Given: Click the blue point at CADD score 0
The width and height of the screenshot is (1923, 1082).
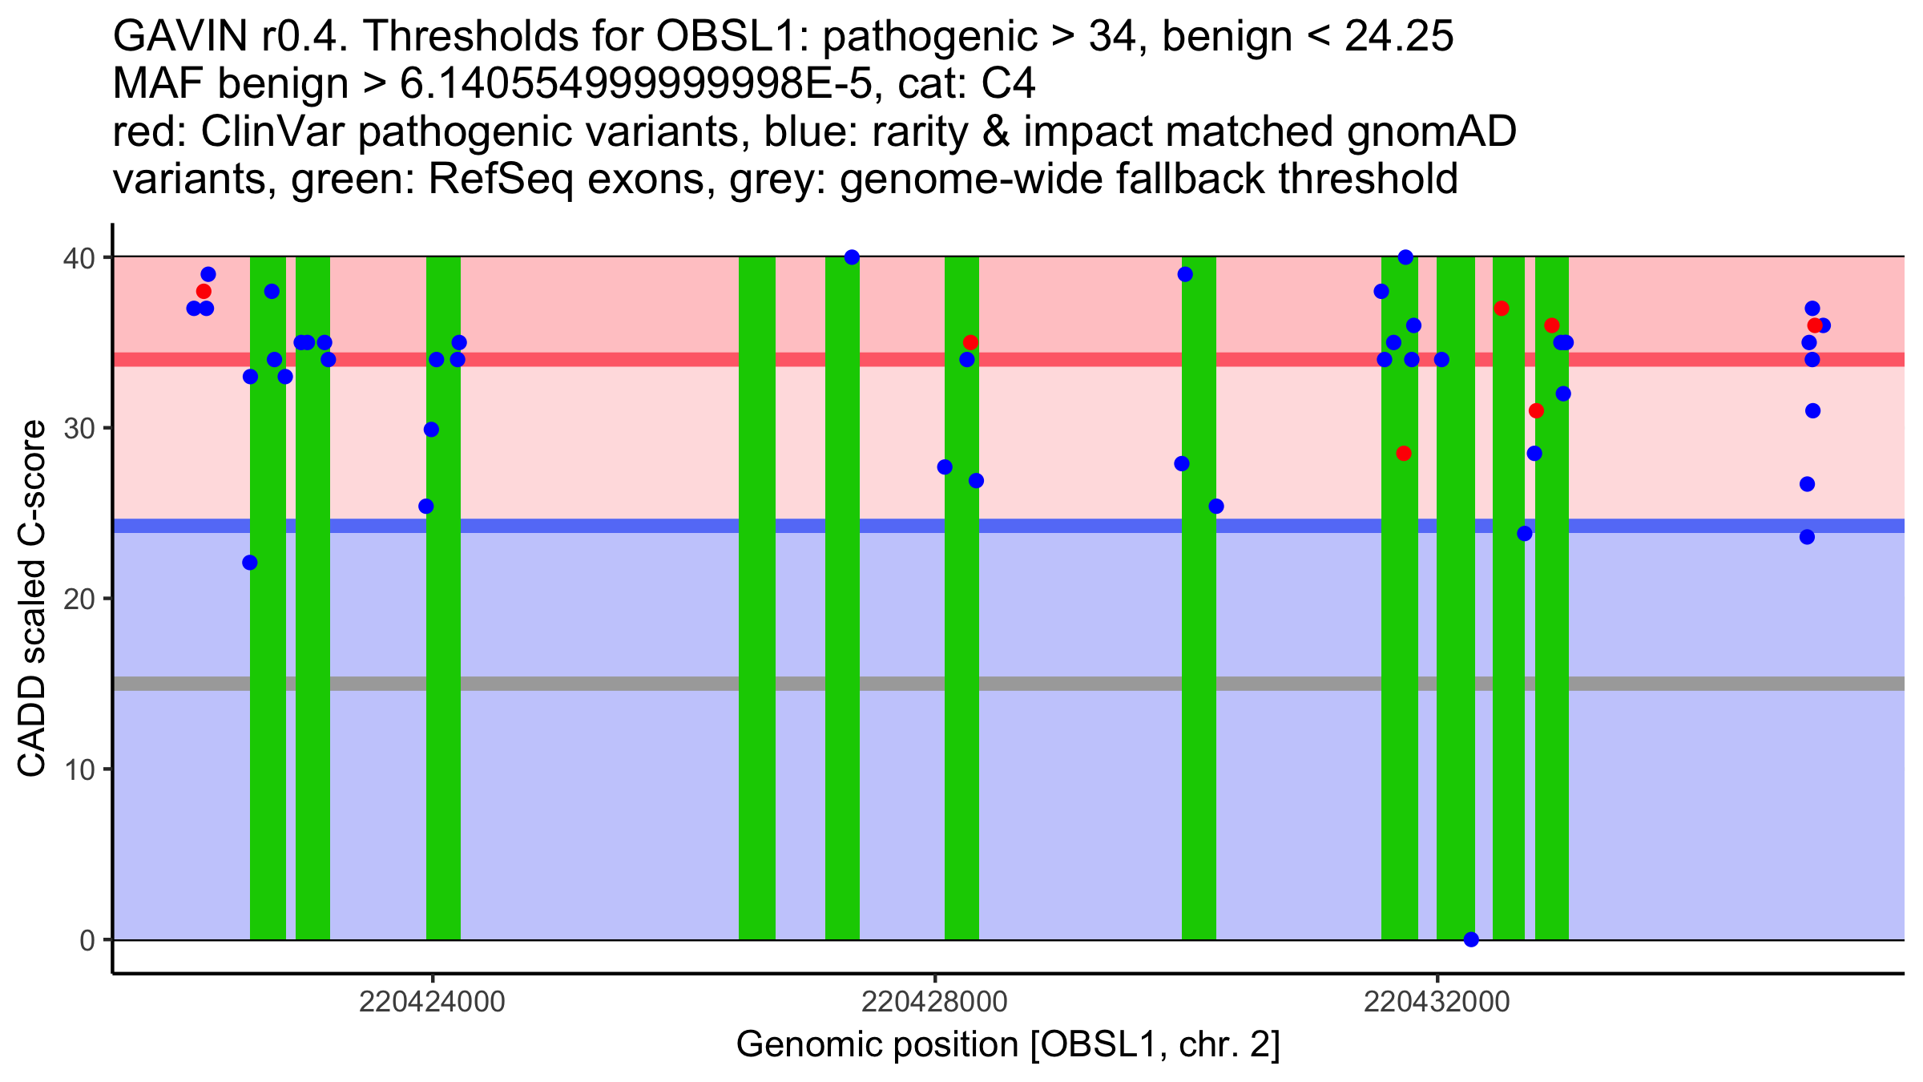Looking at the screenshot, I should click(1471, 939).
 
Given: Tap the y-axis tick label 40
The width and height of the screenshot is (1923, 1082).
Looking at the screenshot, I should click(79, 258).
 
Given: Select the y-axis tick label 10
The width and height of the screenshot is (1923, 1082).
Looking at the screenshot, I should click(79, 769).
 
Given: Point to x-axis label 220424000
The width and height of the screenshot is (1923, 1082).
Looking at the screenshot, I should click(432, 1002).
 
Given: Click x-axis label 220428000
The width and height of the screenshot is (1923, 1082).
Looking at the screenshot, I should click(934, 1002).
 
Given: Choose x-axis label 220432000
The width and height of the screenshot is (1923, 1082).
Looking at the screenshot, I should click(1437, 1002).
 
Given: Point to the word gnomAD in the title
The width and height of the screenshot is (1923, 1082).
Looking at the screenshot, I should click(1432, 132).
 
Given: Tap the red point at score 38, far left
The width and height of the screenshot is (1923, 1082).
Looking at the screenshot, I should click(204, 291).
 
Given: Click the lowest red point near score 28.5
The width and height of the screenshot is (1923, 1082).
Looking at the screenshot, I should click(1403, 454).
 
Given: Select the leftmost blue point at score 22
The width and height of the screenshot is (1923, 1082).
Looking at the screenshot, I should click(250, 563).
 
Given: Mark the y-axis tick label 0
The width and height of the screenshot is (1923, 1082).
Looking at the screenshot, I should click(87, 940).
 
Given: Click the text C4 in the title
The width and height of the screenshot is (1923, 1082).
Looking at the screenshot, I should click(1008, 84).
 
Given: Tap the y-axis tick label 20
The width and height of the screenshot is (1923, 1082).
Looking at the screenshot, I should click(79, 599).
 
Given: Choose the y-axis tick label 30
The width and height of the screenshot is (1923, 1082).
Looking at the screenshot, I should click(79, 428).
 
